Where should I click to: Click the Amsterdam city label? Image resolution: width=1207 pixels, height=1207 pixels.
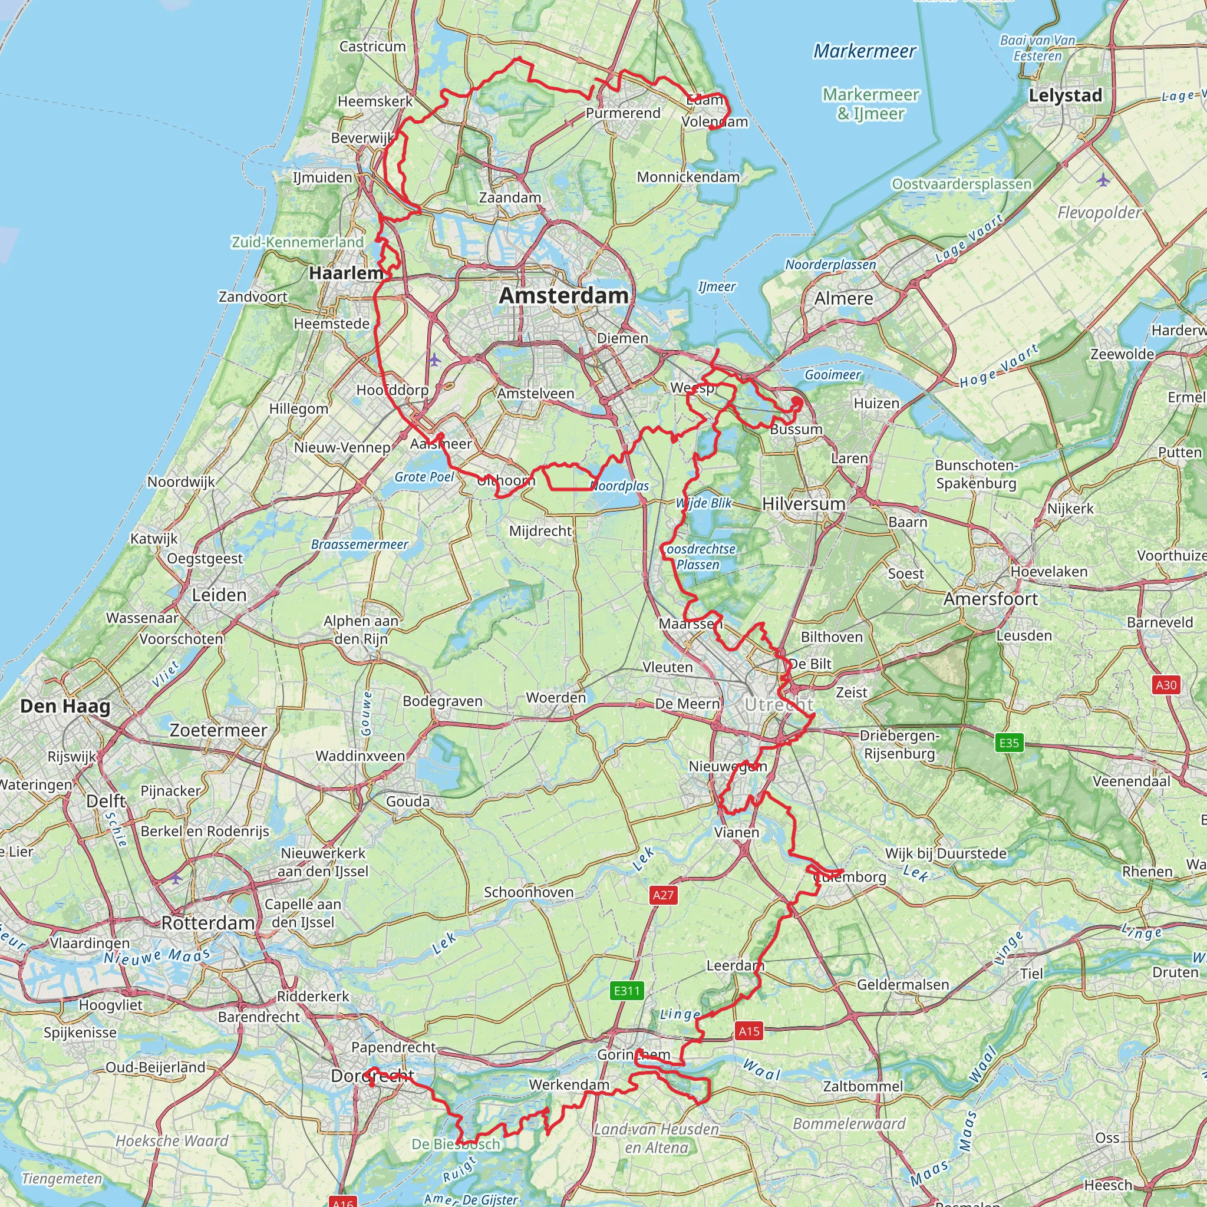pos(563,295)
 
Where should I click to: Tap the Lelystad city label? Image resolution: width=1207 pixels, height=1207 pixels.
pos(1065,95)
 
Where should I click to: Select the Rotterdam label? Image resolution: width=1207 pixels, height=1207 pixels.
pos(207,923)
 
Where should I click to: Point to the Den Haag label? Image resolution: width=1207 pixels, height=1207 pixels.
pos(65,706)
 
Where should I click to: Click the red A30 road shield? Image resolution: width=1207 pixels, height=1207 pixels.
pos(1166,685)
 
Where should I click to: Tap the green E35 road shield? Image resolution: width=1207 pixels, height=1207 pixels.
pos(1009,743)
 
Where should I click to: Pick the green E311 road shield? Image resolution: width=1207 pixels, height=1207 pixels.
pos(626,990)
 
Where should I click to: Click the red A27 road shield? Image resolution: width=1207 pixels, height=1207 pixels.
pos(663,895)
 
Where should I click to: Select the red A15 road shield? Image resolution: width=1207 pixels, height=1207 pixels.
pos(749,1031)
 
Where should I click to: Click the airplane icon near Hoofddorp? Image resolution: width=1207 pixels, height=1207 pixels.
pos(435,360)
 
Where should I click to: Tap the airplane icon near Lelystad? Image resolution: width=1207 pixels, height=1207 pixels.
pos(1103,180)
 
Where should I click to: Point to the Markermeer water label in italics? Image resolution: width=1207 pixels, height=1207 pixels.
pos(864,51)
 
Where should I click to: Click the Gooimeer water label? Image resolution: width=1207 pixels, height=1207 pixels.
pos(832,375)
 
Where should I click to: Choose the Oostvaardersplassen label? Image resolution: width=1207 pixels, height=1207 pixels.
pos(961,184)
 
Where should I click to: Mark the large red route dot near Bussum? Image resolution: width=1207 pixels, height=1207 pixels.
pos(797,402)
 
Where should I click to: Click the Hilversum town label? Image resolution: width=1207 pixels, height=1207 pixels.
pos(803,503)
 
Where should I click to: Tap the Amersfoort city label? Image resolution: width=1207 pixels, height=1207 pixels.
pos(990,599)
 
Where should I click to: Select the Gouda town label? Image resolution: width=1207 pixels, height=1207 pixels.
pos(407,801)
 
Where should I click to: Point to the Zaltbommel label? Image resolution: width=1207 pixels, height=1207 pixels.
pos(863,1086)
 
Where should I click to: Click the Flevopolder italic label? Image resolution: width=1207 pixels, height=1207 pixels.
pos(1100,213)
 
